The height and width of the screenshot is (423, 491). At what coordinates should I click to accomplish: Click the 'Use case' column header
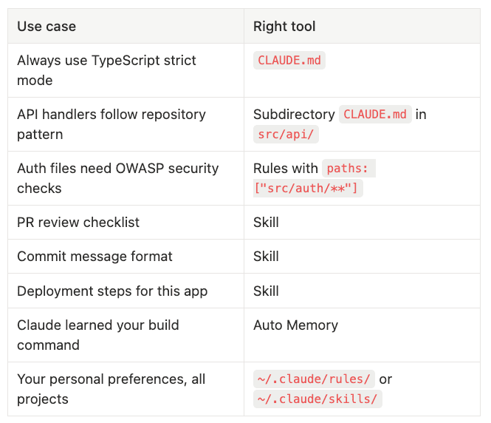click(47, 27)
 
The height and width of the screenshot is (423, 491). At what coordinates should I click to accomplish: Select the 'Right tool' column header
click(284, 27)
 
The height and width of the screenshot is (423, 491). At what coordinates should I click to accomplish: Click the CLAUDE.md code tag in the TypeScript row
click(289, 60)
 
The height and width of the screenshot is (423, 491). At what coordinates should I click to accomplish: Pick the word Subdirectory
click(294, 115)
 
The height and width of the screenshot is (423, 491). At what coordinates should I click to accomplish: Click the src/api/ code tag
click(286, 134)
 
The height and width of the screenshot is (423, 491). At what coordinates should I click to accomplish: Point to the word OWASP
click(140, 169)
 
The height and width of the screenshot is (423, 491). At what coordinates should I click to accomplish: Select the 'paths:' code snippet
click(348, 169)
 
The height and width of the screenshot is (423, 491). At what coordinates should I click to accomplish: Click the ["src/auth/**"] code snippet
click(308, 188)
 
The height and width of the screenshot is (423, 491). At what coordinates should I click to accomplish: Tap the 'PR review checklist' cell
click(78, 223)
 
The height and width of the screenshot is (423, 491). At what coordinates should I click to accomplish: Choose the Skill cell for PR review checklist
click(266, 223)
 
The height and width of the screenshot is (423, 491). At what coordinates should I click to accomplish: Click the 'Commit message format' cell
click(95, 256)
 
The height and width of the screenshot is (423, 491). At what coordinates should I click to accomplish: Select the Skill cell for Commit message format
click(266, 256)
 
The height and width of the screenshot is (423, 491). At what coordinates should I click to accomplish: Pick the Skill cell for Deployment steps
click(266, 291)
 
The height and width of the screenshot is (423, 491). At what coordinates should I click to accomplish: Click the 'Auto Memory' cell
click(295, 325)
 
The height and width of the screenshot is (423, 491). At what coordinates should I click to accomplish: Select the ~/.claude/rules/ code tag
click(314, 379)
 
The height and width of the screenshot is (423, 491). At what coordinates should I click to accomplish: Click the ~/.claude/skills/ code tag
click(317, 399)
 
